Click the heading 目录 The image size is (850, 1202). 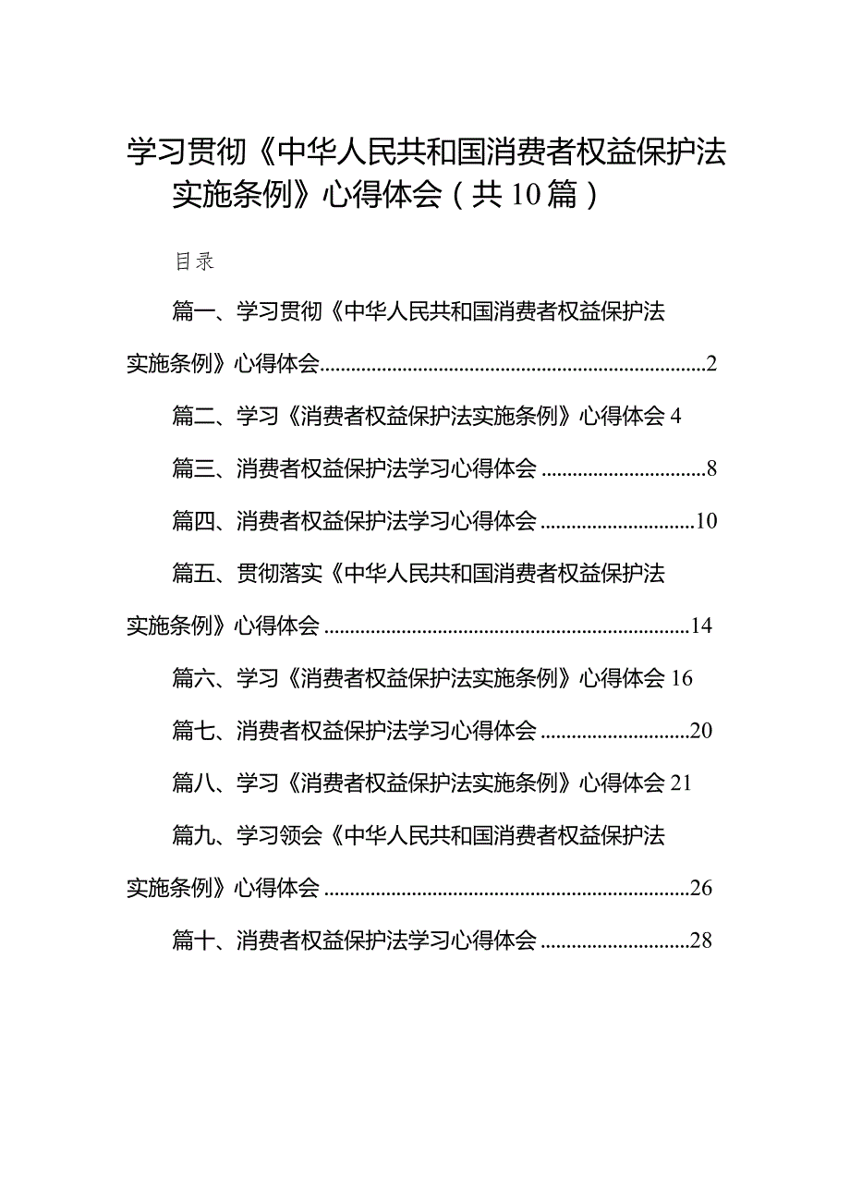click(195, 261)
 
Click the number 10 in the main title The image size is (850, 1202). click(526, 195)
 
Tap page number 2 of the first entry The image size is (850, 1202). click(711, 364)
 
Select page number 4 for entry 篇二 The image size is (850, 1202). click(675, 416)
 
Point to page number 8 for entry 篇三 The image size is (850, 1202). click(711, 468)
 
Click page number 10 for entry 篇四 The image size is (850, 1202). click(706, 521)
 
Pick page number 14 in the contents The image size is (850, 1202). click(701, 625)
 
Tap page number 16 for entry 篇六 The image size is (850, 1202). click(682, 678)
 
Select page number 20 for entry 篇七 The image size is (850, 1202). click(701, 731)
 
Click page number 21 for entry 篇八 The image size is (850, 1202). click(681, 783)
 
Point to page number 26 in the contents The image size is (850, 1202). click(701, 888)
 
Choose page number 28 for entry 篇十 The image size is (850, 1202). click(701, 941)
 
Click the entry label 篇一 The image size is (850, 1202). click(193, 311)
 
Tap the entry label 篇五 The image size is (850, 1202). click(193, 573)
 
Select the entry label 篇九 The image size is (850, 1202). click(193, 835)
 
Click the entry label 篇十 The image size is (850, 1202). click(193, 941)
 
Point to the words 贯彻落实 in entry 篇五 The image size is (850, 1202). click(279, 573)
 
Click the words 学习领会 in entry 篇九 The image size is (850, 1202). click(279, 835)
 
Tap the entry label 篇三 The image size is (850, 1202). click(193, 468)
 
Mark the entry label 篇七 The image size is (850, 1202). click(193, 731)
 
